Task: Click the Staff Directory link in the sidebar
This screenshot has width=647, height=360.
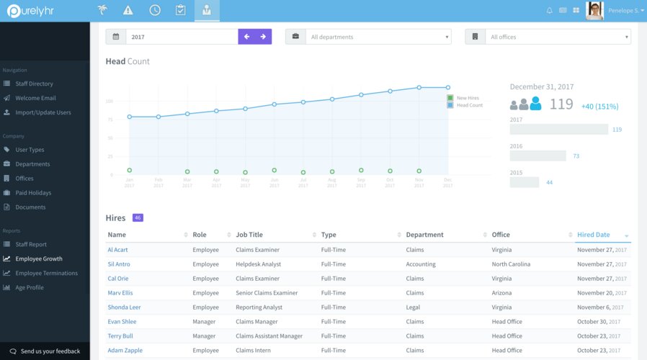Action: [34, 84]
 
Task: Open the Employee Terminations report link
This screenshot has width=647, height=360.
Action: [46, 273]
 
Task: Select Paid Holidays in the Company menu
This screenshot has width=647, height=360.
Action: [33, 193]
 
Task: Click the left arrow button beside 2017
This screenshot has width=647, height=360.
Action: [246, 37]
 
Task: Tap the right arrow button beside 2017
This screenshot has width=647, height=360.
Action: [263, 37]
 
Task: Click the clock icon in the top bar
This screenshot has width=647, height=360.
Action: [155, 10]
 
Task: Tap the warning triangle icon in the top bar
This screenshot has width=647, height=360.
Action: [128, 10]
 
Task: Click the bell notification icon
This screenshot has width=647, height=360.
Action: [550, 11]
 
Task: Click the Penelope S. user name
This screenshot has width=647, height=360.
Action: [623, 11]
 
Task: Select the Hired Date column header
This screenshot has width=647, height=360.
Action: [594, 235]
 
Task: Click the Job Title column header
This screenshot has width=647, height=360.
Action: [249, 235]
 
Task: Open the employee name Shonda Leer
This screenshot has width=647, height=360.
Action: [124, 307]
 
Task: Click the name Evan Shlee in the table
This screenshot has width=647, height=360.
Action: [122, 322]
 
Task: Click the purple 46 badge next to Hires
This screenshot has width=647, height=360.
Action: [138, 217]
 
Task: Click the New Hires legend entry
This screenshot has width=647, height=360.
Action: [467, 98]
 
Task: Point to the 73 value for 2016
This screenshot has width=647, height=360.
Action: [576, 156]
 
